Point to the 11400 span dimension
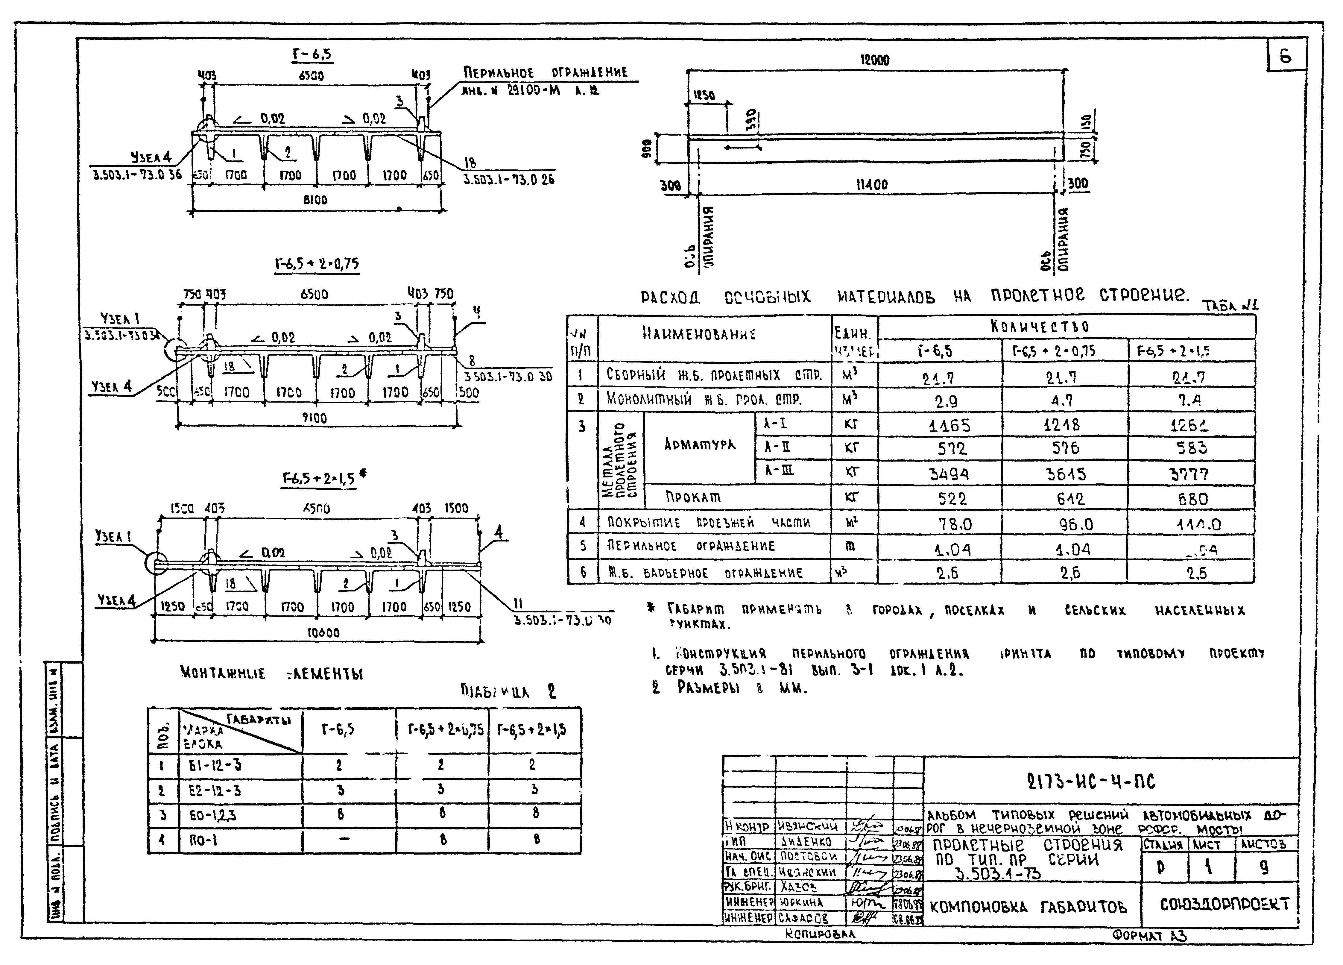pyautogui.click(x=872, y=184)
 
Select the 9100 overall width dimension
pyautogui.click(x=315, y=418)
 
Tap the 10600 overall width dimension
pyautogui.click(x=323, y=633)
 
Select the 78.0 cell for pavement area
pyautogui.click(x=955, y=524)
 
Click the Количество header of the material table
pyautogui.click(x=1039, y=326)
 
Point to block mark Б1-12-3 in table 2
pyautogui.click(x=214, y=765)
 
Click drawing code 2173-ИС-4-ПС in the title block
pyautogui.click(x=1091, y=782)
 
